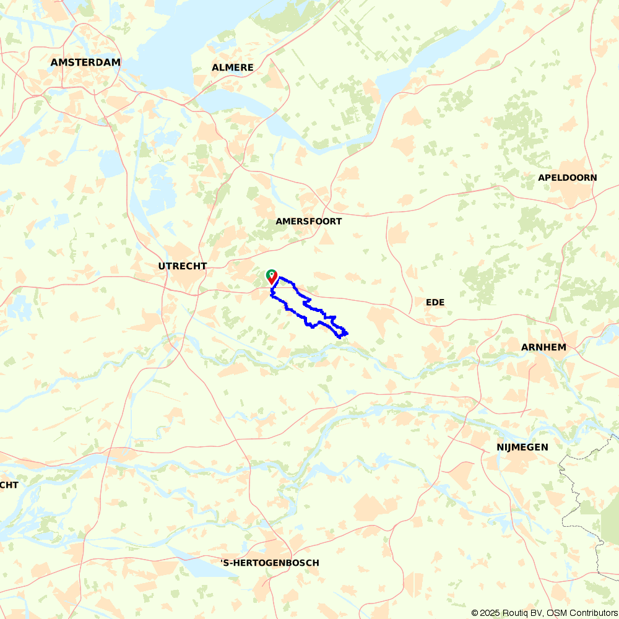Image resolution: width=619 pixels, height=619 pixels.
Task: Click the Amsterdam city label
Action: click(85, 63)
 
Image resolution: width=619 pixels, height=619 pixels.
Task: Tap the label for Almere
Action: click(232, 67)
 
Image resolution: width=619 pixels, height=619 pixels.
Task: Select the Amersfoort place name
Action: click(308, 222)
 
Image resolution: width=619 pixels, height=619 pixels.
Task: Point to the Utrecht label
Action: click(182, 266)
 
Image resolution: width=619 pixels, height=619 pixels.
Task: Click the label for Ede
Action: click(435, 302)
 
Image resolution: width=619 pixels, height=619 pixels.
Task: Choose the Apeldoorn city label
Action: click(567, 178)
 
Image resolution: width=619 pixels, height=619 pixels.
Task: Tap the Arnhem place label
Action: click(543, 347)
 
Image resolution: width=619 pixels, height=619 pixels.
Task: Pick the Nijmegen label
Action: click(522, 447)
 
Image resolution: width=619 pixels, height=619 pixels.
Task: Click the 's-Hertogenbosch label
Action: click(271, 563)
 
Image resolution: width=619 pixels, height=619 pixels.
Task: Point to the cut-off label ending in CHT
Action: click(9, 485)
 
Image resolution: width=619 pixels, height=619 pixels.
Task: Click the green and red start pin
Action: click(271, 277)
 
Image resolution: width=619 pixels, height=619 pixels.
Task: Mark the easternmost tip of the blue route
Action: click(348, 334)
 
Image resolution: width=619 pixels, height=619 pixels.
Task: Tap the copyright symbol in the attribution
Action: click(475, 613)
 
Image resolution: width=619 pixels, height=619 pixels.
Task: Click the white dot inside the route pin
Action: click(271, 274)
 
